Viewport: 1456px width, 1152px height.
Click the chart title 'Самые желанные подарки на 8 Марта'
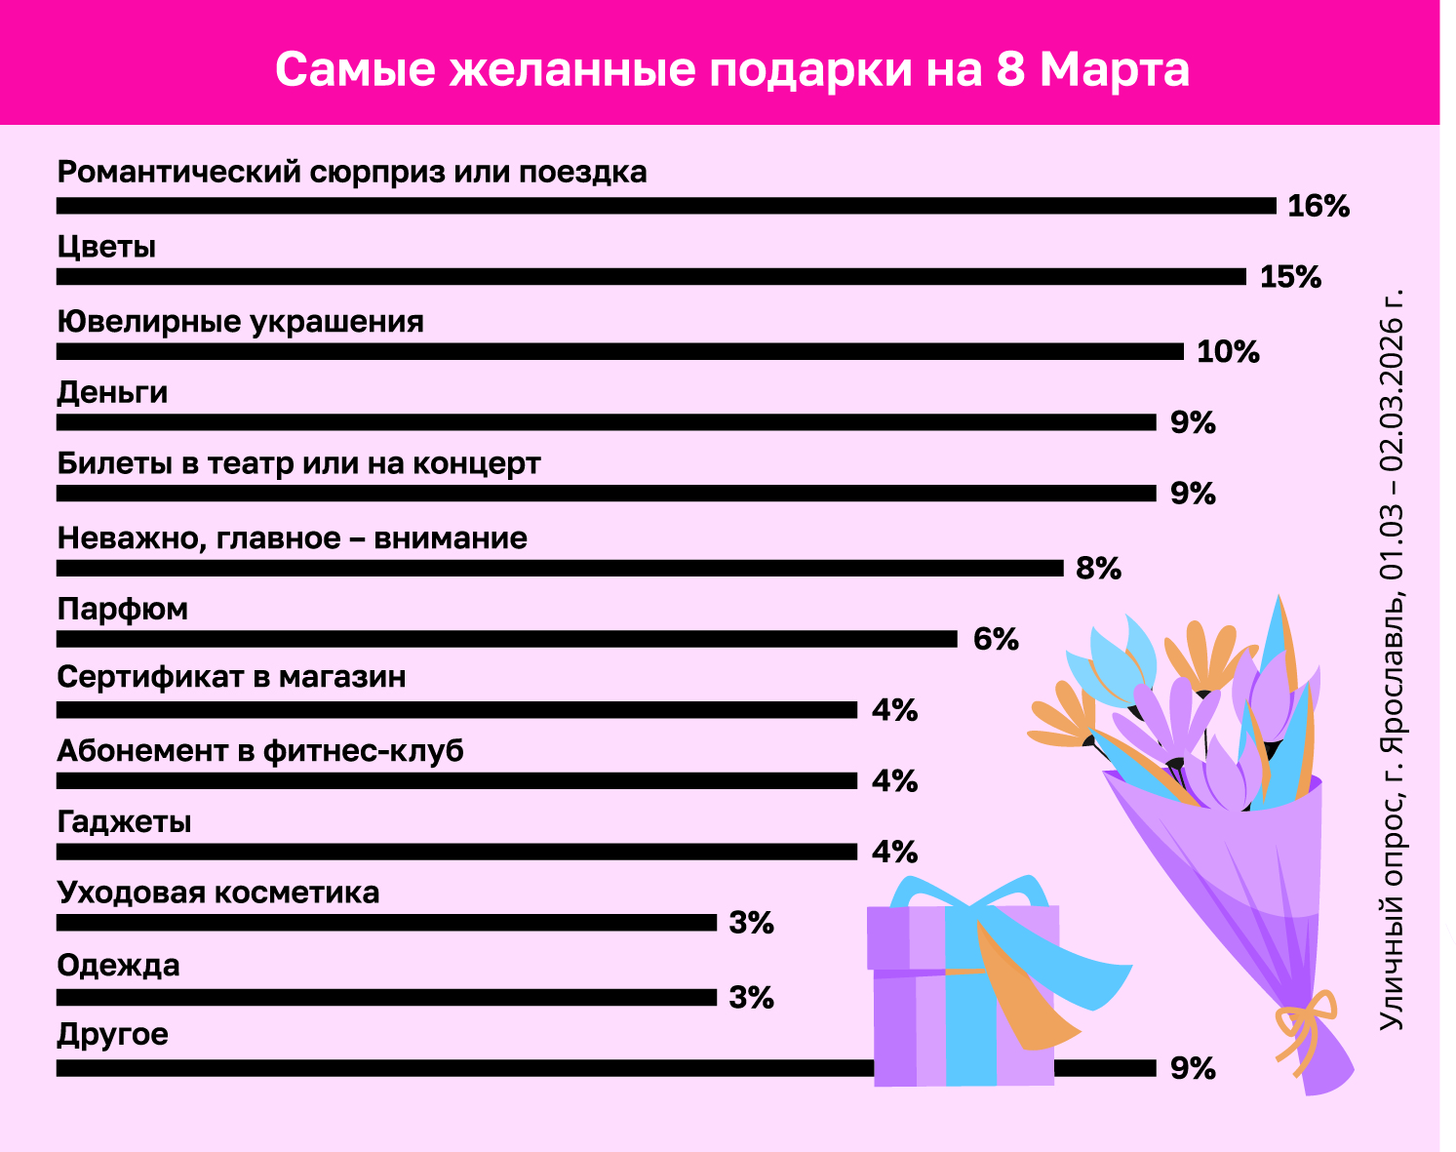[x=731, y=69]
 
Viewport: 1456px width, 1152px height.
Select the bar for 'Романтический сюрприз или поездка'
[x=666, y=206]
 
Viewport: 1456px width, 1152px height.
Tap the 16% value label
[x=1318, y=206]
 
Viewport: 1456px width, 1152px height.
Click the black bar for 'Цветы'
[x=650, y=277]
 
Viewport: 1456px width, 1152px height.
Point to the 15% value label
[x=1290, y=277]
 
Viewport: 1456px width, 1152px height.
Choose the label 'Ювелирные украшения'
[x=240, y=322]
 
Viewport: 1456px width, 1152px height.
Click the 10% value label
[x=1228, y=351]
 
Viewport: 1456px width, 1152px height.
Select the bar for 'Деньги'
[x=606, y=422]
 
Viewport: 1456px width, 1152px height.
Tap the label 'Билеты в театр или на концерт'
[x=298, y=463]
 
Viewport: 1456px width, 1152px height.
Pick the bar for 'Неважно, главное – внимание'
[x=559, y=568]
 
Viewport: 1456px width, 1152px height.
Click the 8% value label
[x=1098, y=568]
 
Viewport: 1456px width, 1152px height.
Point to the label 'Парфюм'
[x=122, y=610]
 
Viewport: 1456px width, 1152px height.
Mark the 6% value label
[x=996, y=639]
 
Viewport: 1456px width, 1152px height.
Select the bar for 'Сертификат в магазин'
[x=456, y=710]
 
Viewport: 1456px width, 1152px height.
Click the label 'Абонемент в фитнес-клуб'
[x=259, y=751]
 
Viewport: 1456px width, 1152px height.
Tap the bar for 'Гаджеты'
[x=456, y=852]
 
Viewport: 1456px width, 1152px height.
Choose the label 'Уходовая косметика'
[x=217, y=893]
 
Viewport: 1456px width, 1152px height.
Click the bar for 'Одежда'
[x=386, y=998]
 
